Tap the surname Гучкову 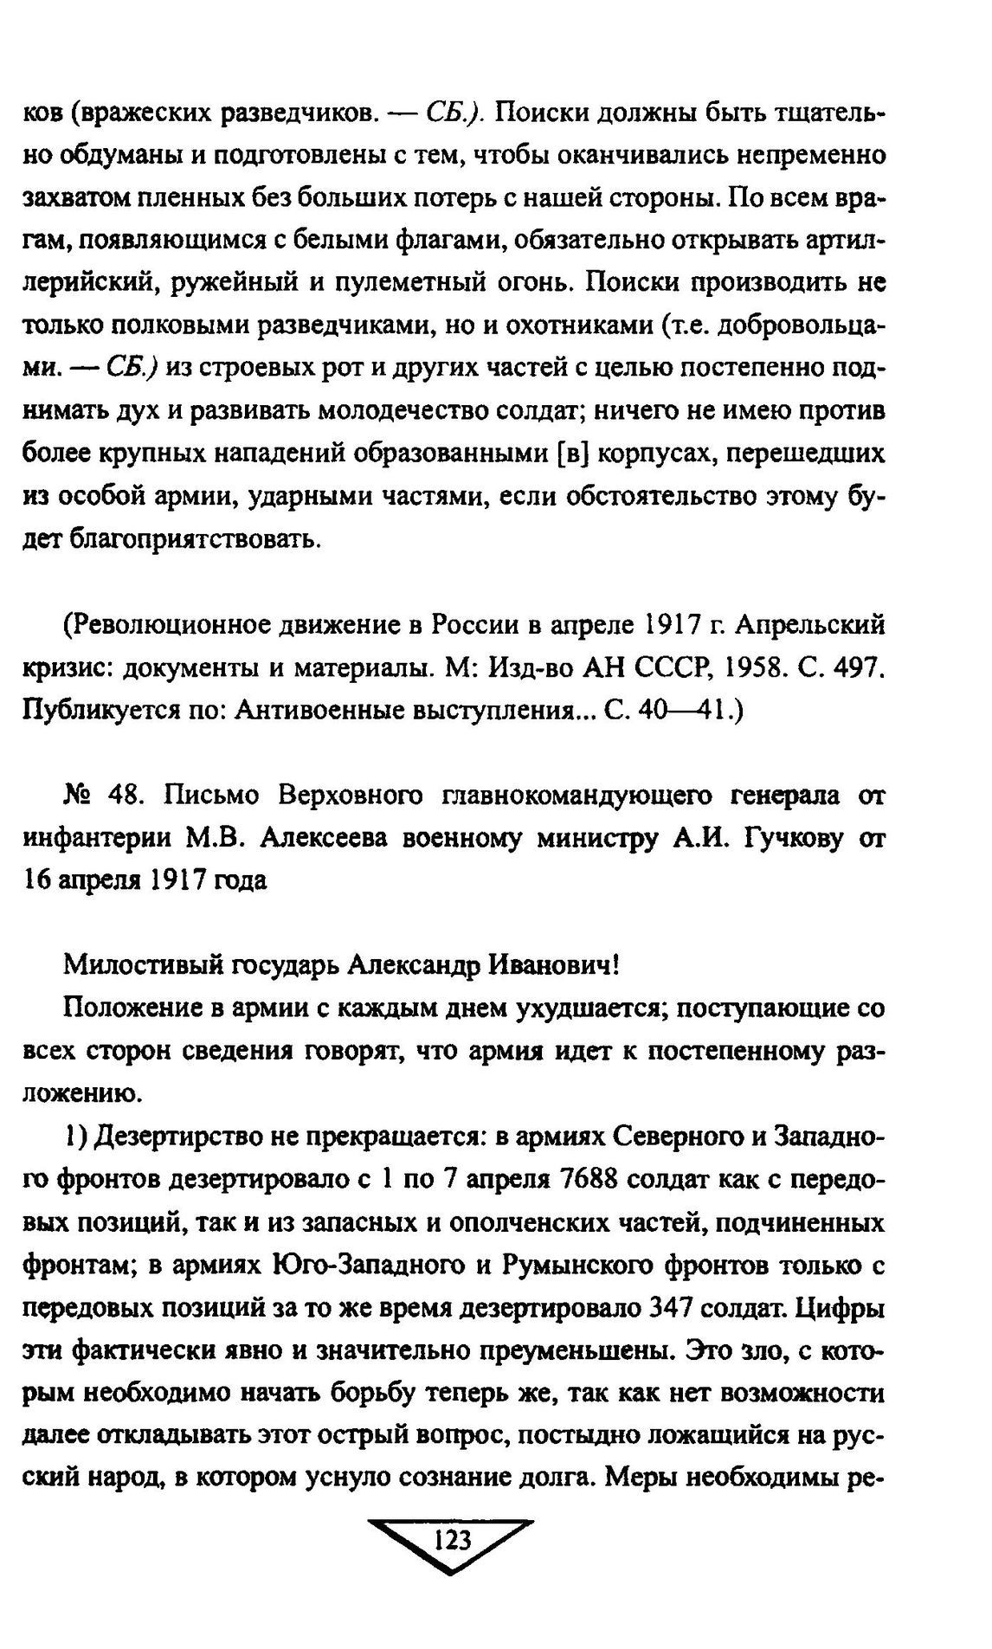click(x=790, y=839)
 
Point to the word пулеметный click(x=423, y=284)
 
